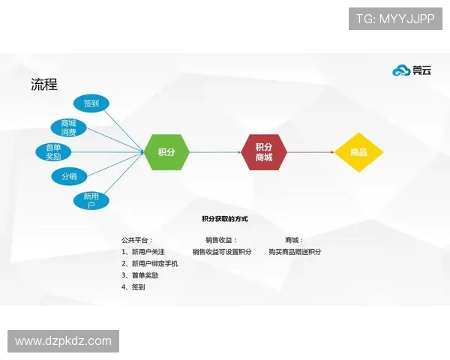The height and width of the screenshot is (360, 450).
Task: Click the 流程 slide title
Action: coord(44,85)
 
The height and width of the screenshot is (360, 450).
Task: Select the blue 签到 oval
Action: coord(91,103)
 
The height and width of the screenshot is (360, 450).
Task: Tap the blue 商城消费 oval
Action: coord(68,127)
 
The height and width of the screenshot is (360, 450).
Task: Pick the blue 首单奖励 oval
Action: coord(53,152)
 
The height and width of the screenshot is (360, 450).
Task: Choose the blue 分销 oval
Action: coord(69,177)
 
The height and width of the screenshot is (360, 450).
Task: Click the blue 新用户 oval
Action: coord(91,200)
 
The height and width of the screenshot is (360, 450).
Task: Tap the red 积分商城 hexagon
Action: coord(263,152)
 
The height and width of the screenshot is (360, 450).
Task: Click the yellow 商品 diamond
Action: coord(358,152)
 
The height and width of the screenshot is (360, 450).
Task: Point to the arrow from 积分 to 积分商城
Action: coord(214,152)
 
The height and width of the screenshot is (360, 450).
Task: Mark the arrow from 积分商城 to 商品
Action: coord(310,152)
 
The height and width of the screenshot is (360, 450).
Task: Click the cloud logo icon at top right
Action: coord(401,70)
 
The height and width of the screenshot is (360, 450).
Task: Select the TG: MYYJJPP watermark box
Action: coord(395,19)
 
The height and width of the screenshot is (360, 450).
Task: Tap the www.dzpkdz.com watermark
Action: coord(63,341)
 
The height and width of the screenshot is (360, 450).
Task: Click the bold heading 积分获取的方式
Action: coord(225,219)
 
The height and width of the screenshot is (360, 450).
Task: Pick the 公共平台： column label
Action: coord(137,240)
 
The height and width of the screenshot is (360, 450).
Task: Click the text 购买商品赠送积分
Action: coord(295,252)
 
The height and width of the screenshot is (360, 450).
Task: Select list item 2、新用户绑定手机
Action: coord(150,264)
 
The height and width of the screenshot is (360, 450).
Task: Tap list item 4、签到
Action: coord(133,287)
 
